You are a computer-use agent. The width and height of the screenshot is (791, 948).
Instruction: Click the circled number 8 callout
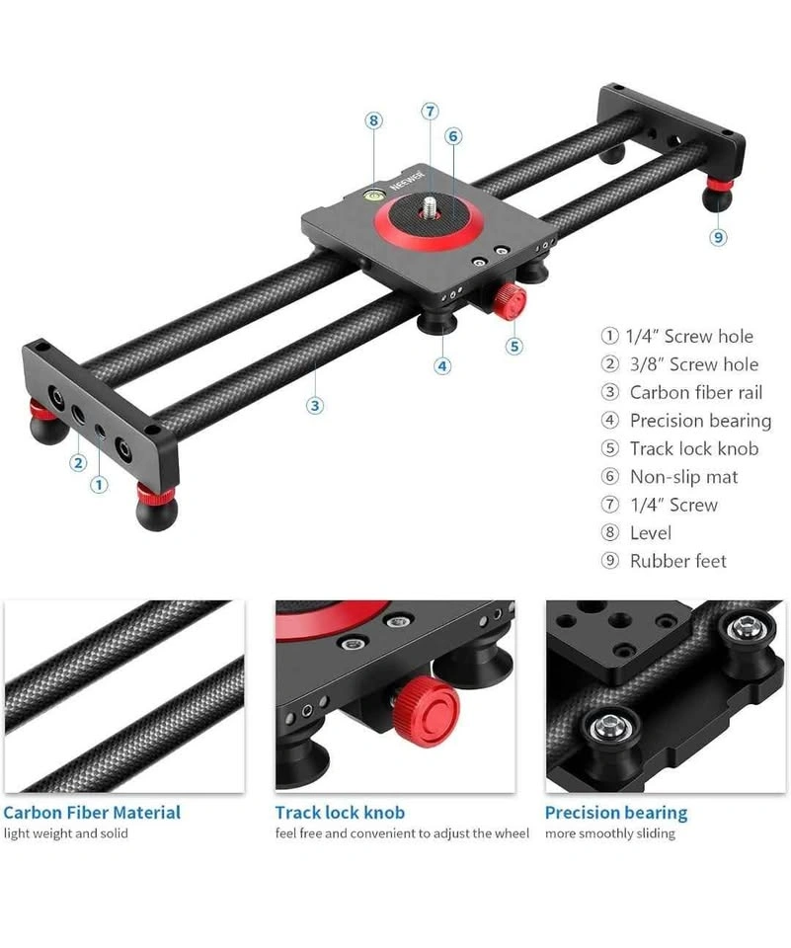click(373, 120)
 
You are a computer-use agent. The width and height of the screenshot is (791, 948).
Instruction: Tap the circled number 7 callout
click(430, 112)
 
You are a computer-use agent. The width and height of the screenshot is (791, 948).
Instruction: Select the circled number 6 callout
click(453, 136)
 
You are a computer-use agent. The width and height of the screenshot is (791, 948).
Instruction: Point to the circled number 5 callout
click(514, 347)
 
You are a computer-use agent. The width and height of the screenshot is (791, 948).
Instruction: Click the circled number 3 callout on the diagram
click(315, 405)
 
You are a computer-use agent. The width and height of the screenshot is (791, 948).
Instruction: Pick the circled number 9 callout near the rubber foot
click(719, 237)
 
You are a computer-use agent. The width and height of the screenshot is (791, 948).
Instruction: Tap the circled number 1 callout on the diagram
click(99, 484)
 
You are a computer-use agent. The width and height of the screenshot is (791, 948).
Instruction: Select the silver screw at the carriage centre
click(430, 204)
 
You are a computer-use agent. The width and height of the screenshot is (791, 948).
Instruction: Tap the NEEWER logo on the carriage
click(407, 179)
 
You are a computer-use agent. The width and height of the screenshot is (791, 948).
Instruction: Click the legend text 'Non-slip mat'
click(683, 477)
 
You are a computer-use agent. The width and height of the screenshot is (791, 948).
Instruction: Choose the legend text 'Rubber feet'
click(677, 561)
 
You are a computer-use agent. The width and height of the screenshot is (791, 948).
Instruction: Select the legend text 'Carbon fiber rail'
click(696, 392)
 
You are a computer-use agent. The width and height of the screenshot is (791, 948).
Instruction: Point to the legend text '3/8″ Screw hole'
click(693, 364)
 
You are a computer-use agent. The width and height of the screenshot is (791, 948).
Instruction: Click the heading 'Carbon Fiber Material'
click(92, 813)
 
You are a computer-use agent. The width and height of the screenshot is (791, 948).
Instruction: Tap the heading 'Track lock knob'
click(340, 813)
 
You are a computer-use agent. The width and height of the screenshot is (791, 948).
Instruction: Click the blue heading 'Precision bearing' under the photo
click(616, 813)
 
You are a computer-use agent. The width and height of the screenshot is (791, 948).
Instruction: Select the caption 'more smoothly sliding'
click(609, 833)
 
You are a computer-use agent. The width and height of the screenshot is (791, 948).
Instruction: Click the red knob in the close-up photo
click(426, 712)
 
